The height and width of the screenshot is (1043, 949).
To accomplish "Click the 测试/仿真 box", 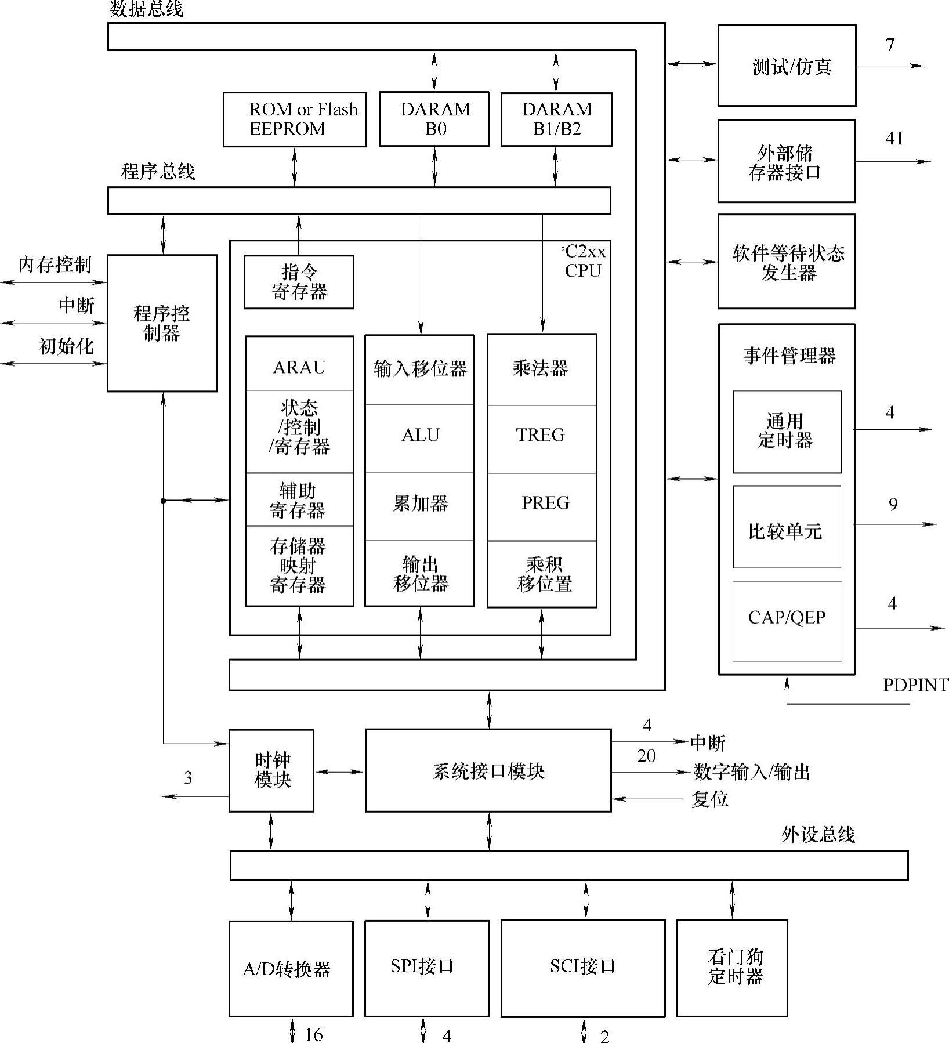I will [x=787, y=66].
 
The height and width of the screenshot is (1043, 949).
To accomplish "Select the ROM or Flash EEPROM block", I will [x=295, y=119].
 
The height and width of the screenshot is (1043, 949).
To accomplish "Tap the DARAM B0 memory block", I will [x=434, y=119].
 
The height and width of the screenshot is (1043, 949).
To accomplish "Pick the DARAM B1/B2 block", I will [x=556, y=119].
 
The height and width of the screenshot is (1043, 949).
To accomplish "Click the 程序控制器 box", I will [x=162, y=323].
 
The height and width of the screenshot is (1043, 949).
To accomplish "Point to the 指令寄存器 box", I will [x=299, y=282].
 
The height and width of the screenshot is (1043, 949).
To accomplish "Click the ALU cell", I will [x=420, y=436].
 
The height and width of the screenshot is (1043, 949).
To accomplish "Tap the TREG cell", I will [x=541, y=435].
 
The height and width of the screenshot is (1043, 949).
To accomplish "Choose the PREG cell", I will [x=544, y=503].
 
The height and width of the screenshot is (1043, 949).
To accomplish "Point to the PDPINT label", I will [x=915, y=685].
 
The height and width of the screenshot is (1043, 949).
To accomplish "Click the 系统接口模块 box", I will [x=488, y=770].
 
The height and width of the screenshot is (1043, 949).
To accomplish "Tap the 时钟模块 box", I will [x=271, y=770].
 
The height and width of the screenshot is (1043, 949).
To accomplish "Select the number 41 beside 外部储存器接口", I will [x=894, y=139].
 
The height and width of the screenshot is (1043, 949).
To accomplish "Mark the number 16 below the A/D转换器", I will [x=314, y=1034].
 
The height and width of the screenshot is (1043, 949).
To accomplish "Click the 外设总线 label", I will [x=818, y=835].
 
